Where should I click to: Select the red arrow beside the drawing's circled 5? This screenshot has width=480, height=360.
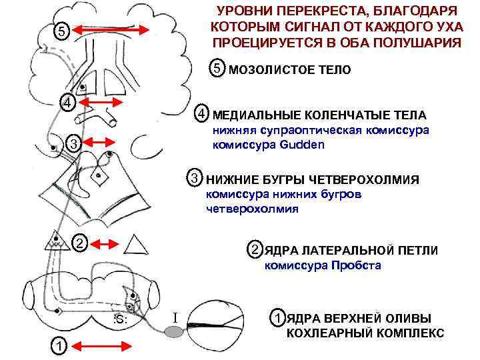(110, 31)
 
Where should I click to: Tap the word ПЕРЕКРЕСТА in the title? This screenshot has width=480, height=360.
(315, 11)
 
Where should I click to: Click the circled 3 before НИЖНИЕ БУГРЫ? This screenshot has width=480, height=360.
(194, 179)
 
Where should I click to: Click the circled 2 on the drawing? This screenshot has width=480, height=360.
(79, 243)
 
